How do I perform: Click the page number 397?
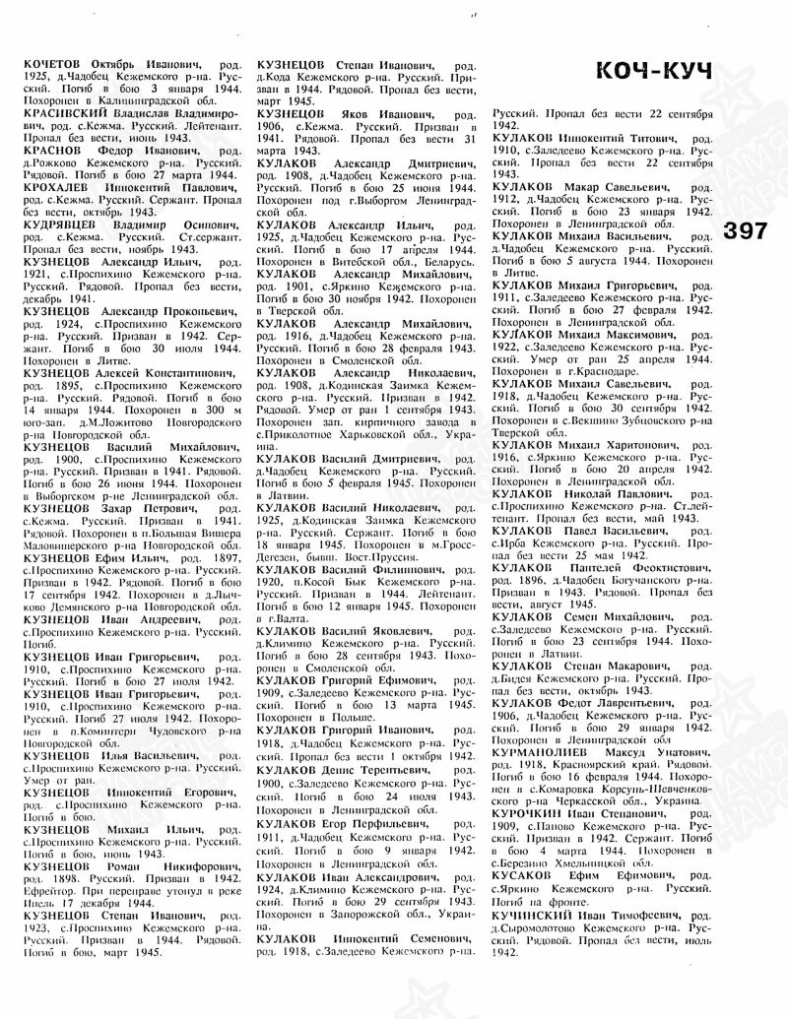click(x=753, y=233)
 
